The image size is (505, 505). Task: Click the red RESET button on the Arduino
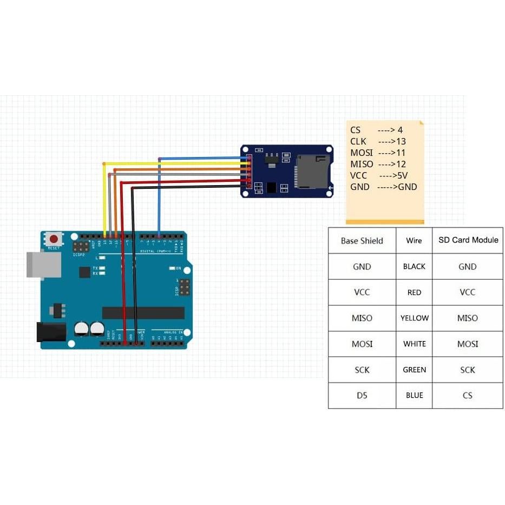[x=53, y=239]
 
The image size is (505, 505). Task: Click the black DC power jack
[x=50, y=332]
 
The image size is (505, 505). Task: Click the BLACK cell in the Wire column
[x=414, y=266]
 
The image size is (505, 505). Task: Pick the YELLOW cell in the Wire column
[x=414, y=318]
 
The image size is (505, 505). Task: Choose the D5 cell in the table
[x=362, y=395]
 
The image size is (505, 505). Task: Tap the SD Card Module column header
[x=468, y=240]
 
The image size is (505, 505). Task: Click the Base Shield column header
[x=362, y=240]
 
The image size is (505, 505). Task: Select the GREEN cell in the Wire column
[x=414, y=370]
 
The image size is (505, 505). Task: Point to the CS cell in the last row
[x=468, y=395]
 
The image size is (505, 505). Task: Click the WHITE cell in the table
[x=414, y=344]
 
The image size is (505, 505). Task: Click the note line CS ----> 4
[x=377, y=130]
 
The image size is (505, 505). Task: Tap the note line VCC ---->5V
[x=378, y=175]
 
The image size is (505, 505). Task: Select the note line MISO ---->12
[x=378, y=164]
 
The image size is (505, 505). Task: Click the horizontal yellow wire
[x=173, y=163]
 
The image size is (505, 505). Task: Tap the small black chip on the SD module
[x=271, y=187]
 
